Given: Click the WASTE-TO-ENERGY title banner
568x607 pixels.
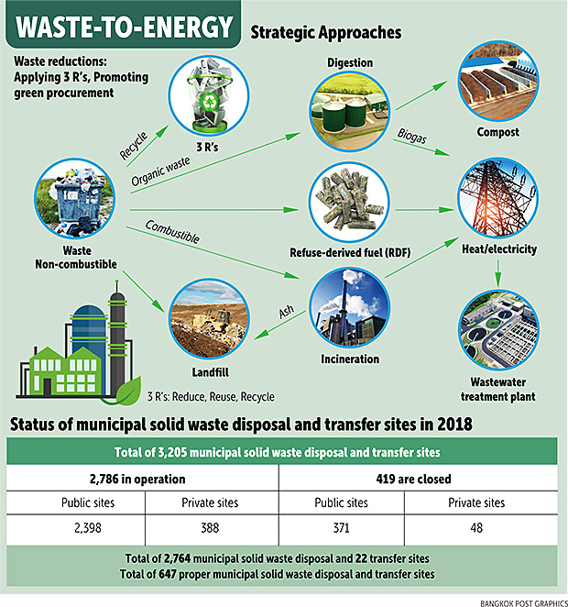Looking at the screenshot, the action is click(x=123, y=25).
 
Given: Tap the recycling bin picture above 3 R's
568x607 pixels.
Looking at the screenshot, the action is click(x=209, y=95).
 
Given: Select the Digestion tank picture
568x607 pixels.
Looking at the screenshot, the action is click(x=350, y=111).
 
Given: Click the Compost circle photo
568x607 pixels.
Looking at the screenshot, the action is click(x=498, y=81).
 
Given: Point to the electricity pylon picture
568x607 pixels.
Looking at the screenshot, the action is click(x=498, y=198).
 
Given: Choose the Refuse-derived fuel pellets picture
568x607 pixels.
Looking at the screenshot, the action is click(x=350, y=202).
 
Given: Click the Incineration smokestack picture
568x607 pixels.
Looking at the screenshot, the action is click(x=350, y=308).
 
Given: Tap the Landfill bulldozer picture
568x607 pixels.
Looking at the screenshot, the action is click(x=210, y=318).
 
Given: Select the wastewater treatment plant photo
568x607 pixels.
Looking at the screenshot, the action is click(x=498, y=330).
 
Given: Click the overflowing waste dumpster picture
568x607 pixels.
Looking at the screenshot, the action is click(x=74, y=198).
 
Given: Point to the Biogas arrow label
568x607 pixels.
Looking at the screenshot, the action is click(x=412, y=137).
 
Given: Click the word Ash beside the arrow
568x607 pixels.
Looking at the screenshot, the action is click(x=287, y=311).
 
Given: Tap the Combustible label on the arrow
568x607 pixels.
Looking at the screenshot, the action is click(x=172, y=232).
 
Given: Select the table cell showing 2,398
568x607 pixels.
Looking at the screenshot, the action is click(x=88, y=528).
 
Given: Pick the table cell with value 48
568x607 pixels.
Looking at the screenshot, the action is click(x=476, y=528).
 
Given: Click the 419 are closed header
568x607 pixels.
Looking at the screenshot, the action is click(x=413, y=480).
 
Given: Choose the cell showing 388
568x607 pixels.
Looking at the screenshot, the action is click(x=210, y=528).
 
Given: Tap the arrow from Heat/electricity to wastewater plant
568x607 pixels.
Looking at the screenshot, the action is click(x=498, y=273).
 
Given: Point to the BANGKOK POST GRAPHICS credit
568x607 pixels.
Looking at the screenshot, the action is click(x=524, y=603).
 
